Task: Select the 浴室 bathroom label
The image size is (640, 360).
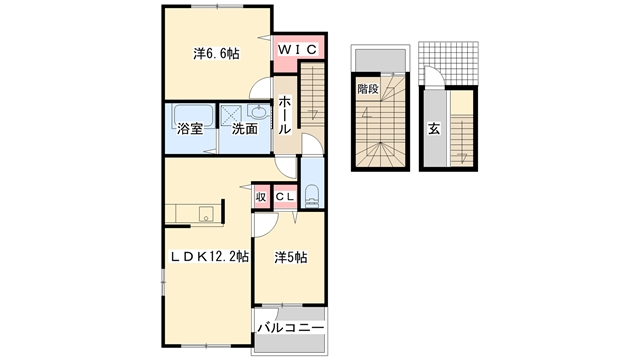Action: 190,129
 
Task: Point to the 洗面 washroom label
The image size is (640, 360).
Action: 245,129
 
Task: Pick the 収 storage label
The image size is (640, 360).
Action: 261,197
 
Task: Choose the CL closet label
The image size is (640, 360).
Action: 284,197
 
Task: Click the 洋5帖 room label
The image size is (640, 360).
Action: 290,257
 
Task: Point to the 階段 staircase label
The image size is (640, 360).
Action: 368,88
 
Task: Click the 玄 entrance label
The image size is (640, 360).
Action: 434,128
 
